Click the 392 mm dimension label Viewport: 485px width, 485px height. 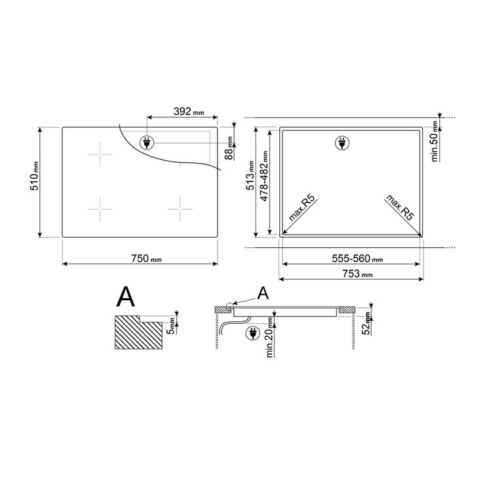tap(189, 111)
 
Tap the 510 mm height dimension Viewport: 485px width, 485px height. tap(34, 176)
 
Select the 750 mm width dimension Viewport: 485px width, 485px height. tap(146, 258)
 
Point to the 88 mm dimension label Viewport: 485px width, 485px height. tap(229, 148)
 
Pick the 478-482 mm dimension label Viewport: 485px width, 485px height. tap(264, 176)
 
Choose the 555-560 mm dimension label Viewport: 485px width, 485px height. tap(357, 258)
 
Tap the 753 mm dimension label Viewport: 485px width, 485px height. tap(357, 274)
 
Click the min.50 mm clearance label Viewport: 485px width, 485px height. tap(435, 141)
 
